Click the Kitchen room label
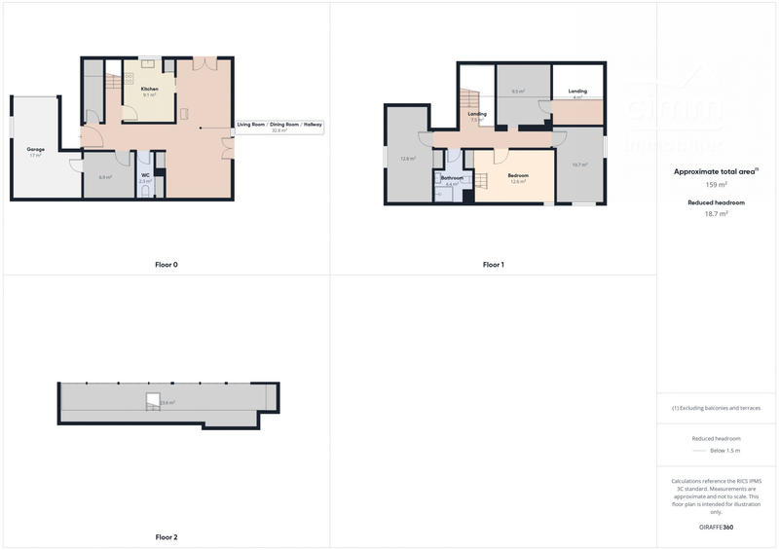[149, 89]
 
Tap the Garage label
[35, 149]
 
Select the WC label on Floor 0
[145, 175]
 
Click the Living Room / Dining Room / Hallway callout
[279, 126]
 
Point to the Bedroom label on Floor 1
[518, 174]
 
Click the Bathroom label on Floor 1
[452, 178]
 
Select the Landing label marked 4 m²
[577, 92]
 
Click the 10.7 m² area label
[579, 165]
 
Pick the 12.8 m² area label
[408, 158]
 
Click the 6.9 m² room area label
[105, 177]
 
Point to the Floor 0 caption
[167, 265]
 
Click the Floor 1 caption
[494, 265]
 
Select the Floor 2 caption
[167, 536]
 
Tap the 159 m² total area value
[717, 184]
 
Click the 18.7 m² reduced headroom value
[717, 213]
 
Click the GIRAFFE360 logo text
[717, 527]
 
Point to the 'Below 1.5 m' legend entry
[723, 452]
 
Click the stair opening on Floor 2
[153, 399]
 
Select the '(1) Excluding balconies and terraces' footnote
[717, 408]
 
